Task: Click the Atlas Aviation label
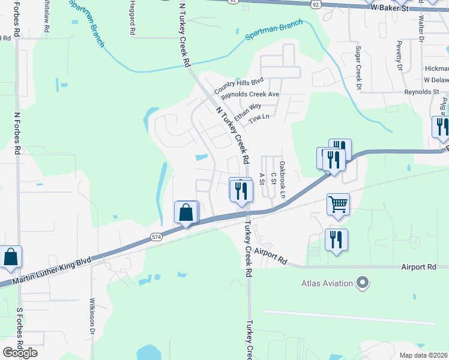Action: coord(327,282)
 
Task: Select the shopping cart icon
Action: coord(338,204)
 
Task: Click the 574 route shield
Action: coord(157,237)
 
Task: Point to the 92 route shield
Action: coord(316,4)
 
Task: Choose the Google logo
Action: coord(20,352)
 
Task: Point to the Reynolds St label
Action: coord(421,92)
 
